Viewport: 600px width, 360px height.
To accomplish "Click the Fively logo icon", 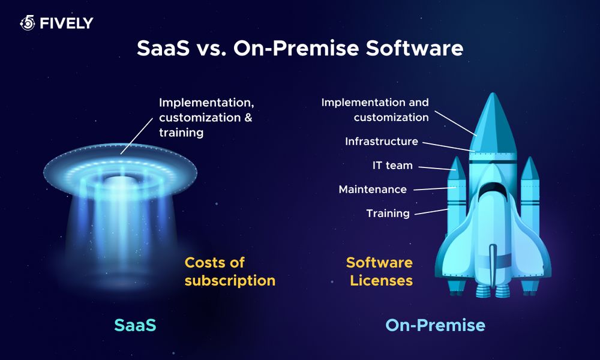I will pyautogui.click(x=28, y=23).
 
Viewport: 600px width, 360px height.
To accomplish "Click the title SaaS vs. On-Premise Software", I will pyautogui.click(x=300, y=49).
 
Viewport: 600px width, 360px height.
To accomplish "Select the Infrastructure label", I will pyautogui.click(x=381, y=142).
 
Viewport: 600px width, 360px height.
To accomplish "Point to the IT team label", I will pyautogui.click(x=392, y=165).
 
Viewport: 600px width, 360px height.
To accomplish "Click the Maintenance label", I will pyautogui.click(x=373, y=190).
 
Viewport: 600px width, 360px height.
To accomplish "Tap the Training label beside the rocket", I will pyautogui.click(x=388, y=213).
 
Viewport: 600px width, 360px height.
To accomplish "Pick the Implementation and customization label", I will pyautogui.click(x=375, y=110).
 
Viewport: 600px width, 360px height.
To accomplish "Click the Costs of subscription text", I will pyautogui.click(x=230, y=271).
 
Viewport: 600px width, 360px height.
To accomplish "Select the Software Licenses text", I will pyautogui.click(x=379, y=271).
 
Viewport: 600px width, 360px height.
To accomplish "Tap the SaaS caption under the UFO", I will pyautogui.click(x=135, y=325).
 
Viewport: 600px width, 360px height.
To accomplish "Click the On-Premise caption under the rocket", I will pyautogui.click(x=435, y=325).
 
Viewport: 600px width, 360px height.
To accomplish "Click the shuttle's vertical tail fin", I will pyautogui.click(x=493, y=264).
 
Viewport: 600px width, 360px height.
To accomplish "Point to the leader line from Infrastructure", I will pyautogui.click(x=447, y=146).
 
